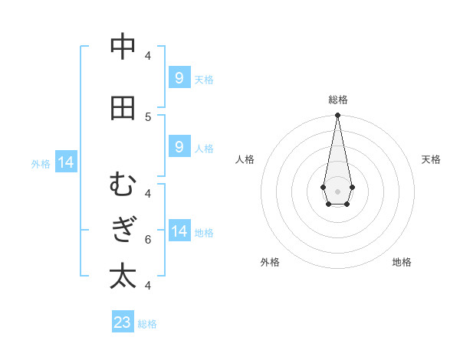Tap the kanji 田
[123, 108]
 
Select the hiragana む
[123, 185]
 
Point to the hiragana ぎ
[123, 231]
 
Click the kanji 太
[123, 277]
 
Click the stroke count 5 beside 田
[148, 116]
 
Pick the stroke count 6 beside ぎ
[148, 239]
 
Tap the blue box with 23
[123, 322]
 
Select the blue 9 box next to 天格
[179, 78]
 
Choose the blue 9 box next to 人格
[179, 147]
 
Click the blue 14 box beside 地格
[179, 231]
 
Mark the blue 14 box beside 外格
[66, 162]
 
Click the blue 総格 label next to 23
[147, 324]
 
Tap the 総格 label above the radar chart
[337, 100]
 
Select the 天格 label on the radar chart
[431, 159]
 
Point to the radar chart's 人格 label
[245, 159]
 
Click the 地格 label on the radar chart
[402, 262]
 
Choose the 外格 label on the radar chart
[270, 262]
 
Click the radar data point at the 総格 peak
[337, 116]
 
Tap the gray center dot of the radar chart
[337, 191]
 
